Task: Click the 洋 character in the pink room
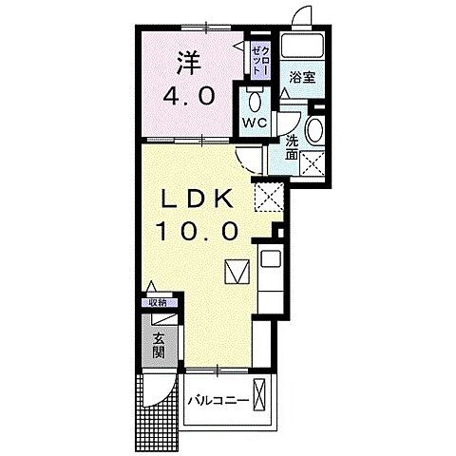coord(187,64)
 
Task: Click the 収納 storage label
coord(157,302)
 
